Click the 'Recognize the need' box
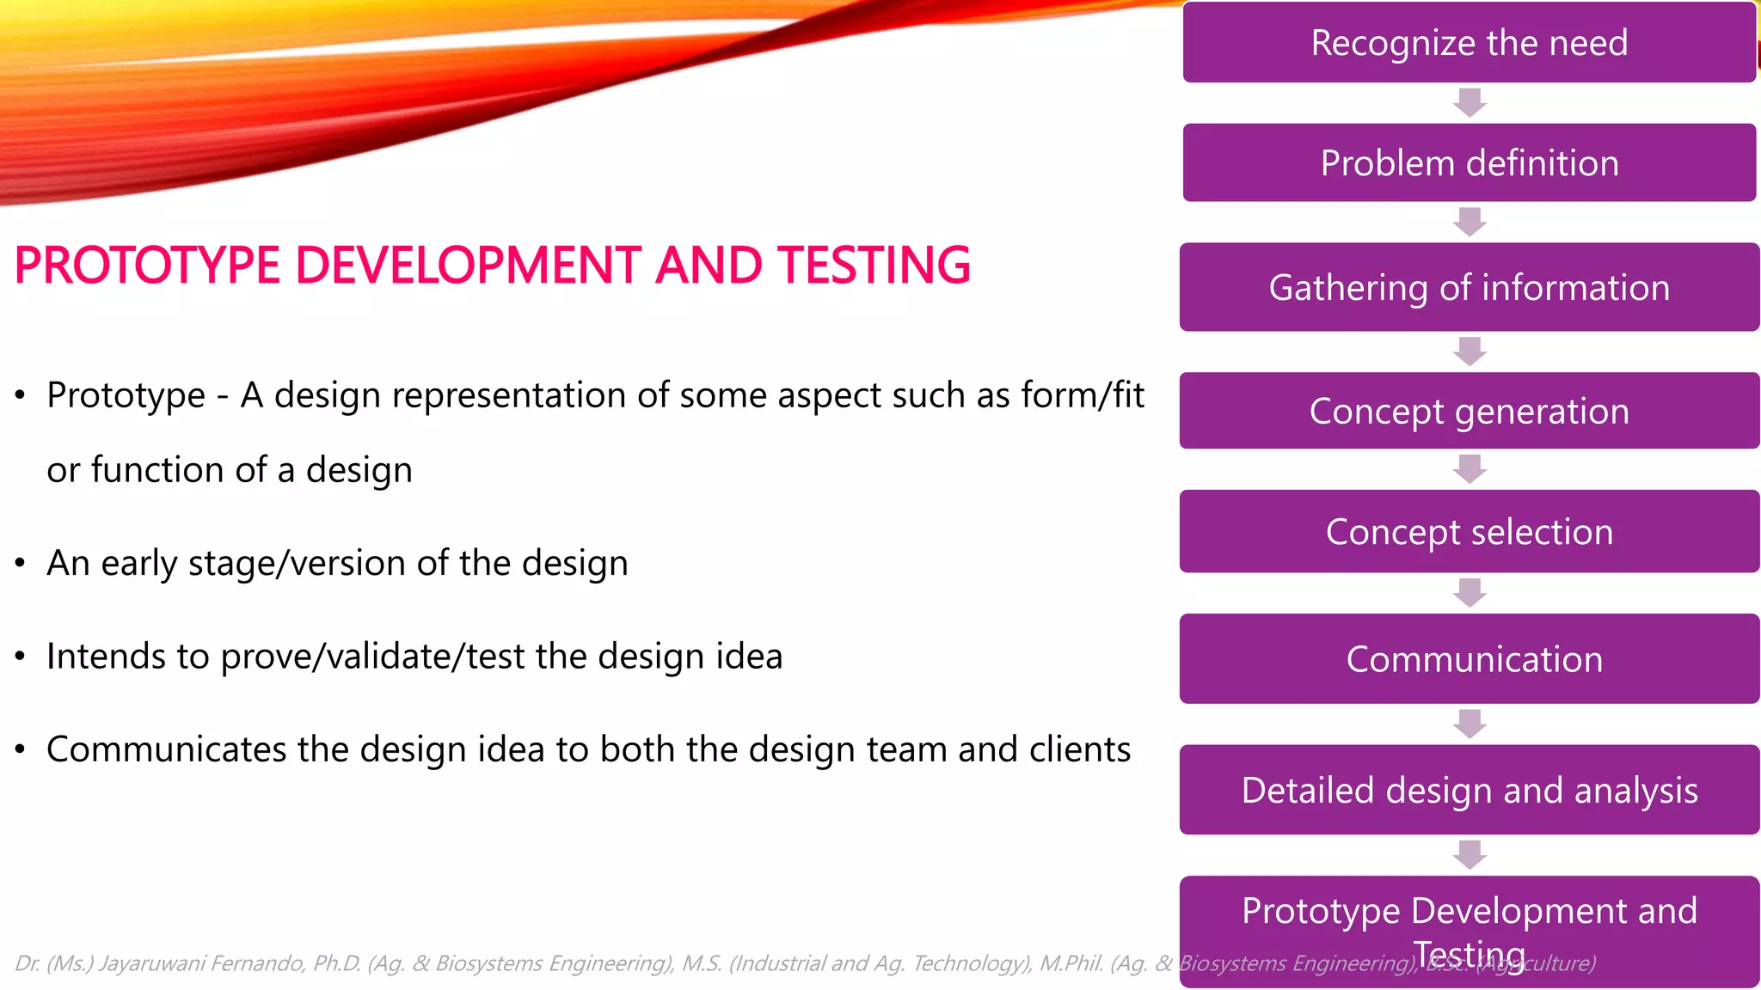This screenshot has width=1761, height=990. (x=1469, y=42)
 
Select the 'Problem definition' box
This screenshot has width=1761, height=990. (x=1469, y=162)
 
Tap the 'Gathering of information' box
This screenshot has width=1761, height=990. (x=1469, y=287)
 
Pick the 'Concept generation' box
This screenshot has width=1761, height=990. (x=1469, y=411)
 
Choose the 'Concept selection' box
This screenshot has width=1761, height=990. (x=1469, y=531)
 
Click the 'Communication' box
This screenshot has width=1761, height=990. (x=1469, y=658)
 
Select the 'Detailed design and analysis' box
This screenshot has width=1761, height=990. (x=1469, y=789)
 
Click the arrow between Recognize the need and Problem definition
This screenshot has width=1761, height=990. (x=1470, y=102)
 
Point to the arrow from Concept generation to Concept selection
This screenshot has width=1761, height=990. (x=1470, y=469)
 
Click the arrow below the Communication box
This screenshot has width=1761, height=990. (x=1470, y=724)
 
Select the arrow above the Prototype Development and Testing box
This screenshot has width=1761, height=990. (x=1470, y=854)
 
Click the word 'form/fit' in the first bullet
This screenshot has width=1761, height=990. (x=1082, y=395)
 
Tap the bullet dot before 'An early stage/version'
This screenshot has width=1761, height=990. (x=21, y=564)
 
